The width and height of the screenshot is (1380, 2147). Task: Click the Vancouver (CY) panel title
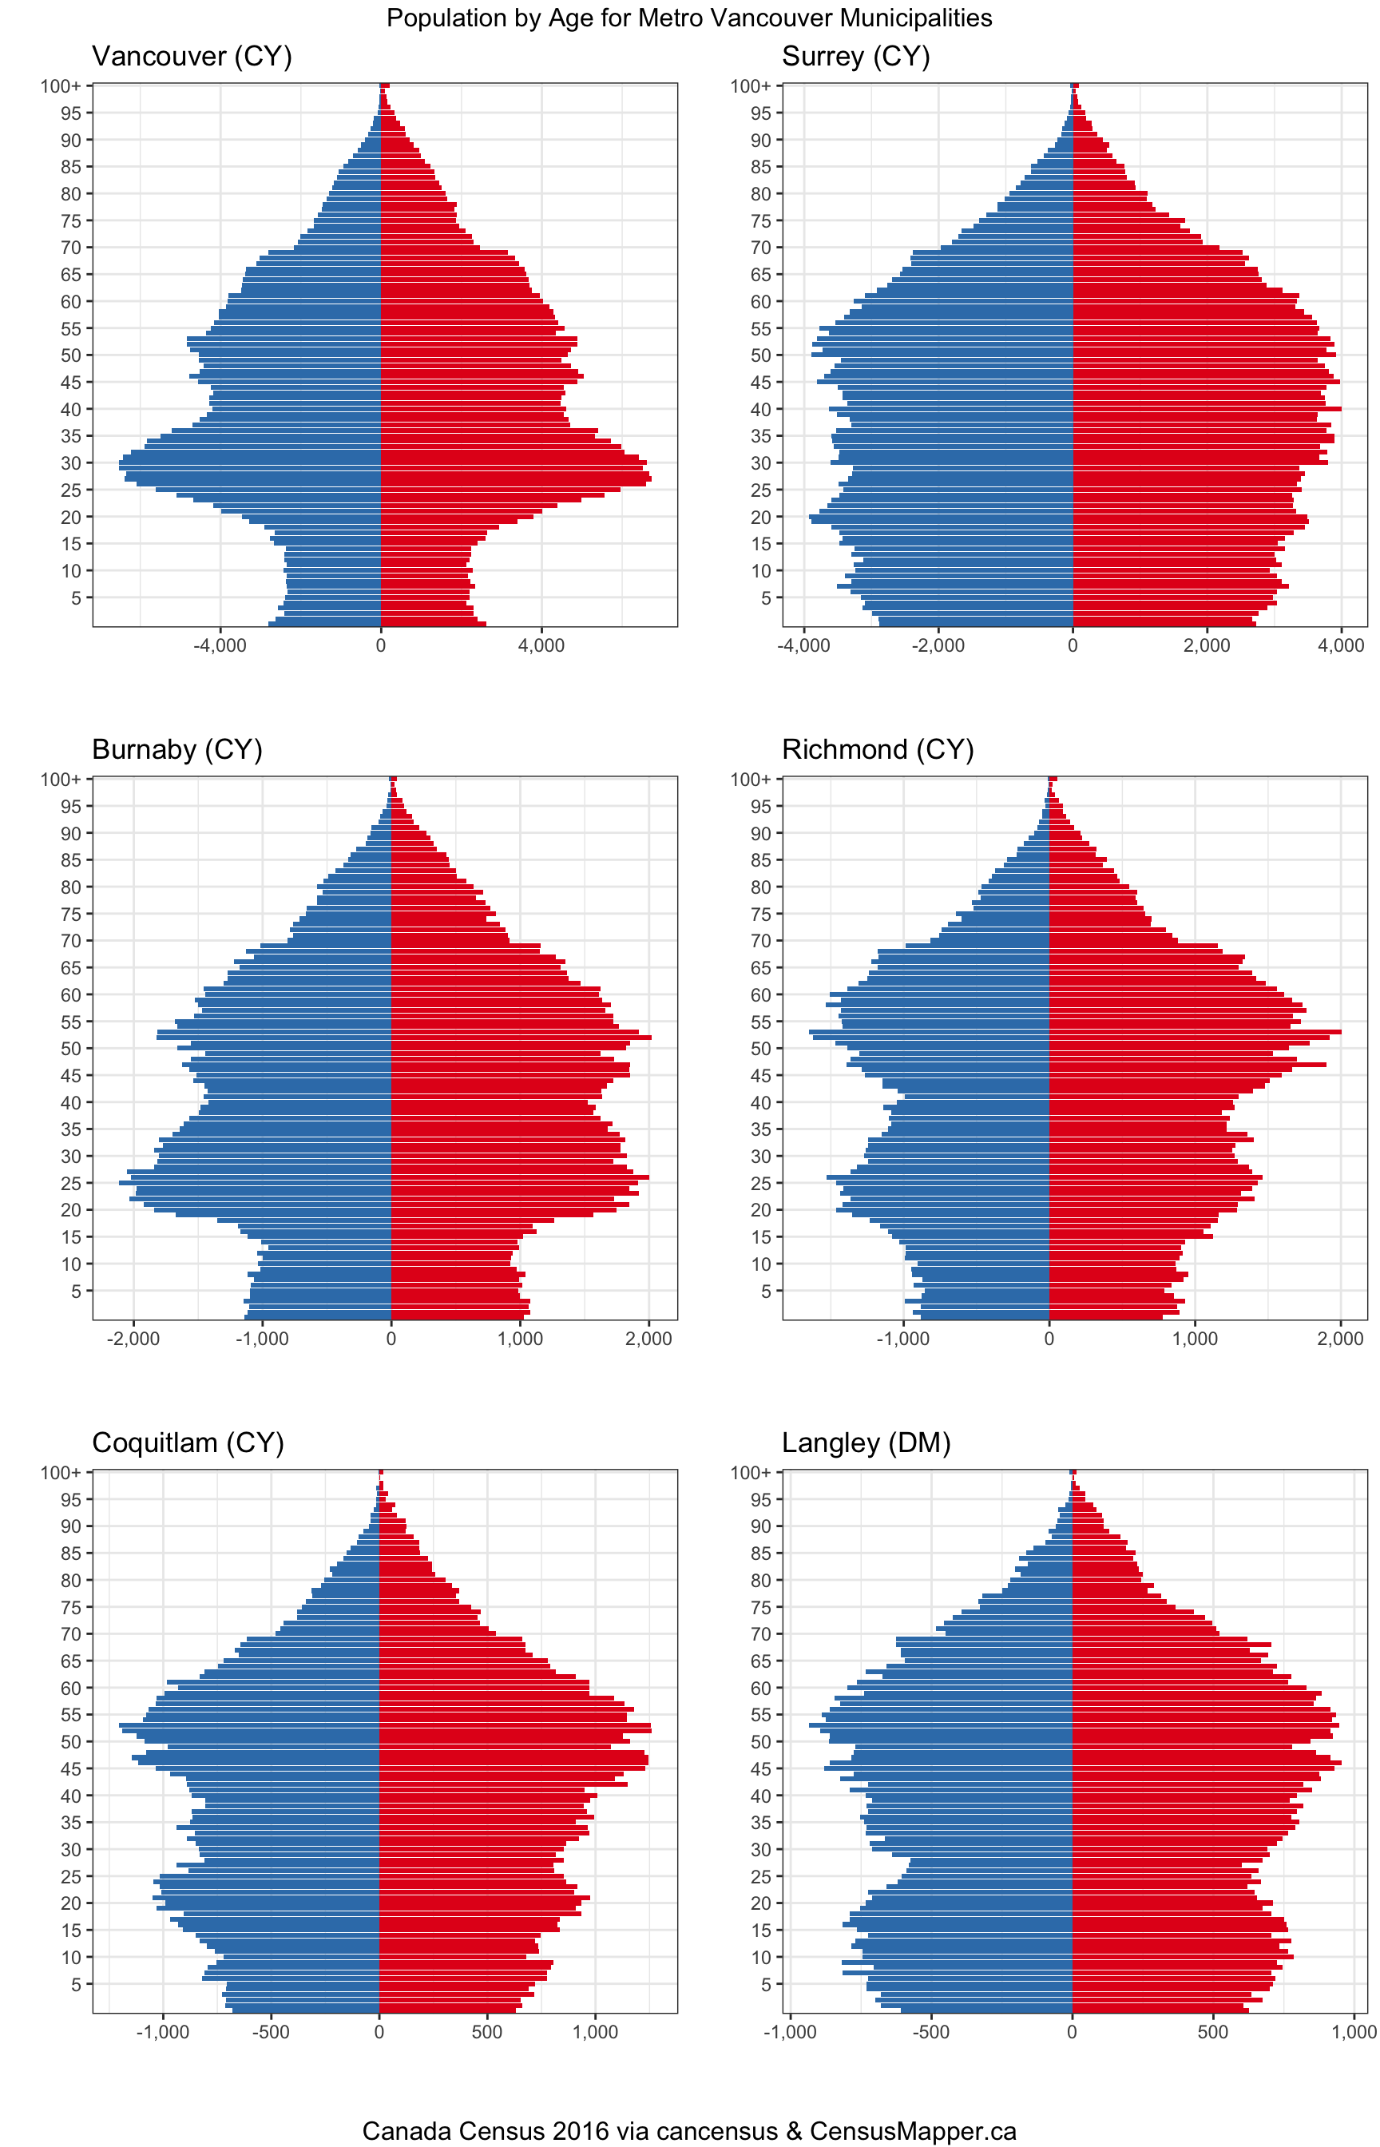pyautogui.click(x=192, y=57)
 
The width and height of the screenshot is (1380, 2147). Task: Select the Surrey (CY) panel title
pyautogui.click(x=856, y=57)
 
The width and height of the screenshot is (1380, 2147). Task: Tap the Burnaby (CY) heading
pyautogui.click(x=177, y=749)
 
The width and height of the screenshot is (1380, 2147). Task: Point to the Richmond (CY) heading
pyautogui.click(x=878, y=749)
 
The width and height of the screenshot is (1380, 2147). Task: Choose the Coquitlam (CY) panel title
pyautogui.click(x=188, y=1443)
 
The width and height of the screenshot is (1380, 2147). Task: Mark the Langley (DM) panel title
pyautogui.click(x=866, y=1443)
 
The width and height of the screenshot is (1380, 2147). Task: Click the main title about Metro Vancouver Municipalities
pyautogui.click(x=689, y=18)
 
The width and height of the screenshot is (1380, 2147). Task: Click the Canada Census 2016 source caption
pyautogui.click(x=689, y=2130)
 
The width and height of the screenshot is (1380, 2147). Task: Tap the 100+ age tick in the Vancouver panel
pyautogui.click(x=60, y=86)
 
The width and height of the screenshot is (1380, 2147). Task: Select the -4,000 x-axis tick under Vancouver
pyautogui.click(x=220, y=646)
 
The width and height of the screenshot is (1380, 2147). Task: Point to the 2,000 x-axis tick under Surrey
pyautogui.click(x=1206, y=646)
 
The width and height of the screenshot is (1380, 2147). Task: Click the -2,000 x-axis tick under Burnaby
pyautogui.click(x=133, y=1339)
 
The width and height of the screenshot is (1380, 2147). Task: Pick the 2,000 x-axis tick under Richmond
pyautogui.click(x=1341, y=1339)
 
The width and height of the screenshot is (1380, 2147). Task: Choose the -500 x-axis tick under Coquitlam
pyautogui.click(x=271, y=2032)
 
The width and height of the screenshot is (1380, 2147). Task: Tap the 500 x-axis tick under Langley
pyautogui.click(x=1213, y=2032)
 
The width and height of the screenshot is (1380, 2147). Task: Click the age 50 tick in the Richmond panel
pyautogui.click(x=761, y=1049)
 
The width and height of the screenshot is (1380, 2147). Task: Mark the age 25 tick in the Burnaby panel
pyautogui.click(x=71, y=1184)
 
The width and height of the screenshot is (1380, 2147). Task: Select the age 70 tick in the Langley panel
pyautogui.click(x=761, y=1634)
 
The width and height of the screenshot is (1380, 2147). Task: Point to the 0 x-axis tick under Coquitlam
pyautogui.click(x=379, y=2032)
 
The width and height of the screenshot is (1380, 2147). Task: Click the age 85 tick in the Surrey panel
pyautogui.click(x=761, y=167)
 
